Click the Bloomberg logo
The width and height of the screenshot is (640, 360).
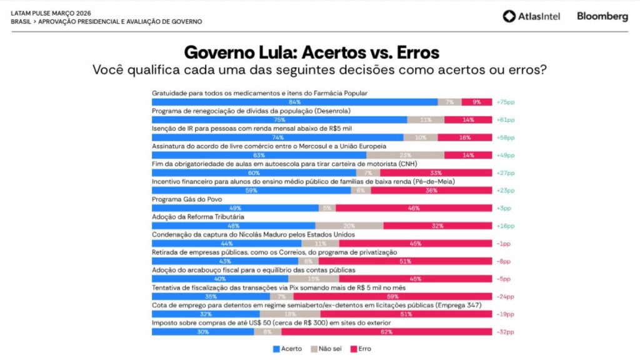(x=602, y=17)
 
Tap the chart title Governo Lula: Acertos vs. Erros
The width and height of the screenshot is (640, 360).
(x=311, y=51)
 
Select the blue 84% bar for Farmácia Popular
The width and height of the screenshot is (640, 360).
(x=294, y=102)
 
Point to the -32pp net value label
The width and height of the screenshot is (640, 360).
(x=505, y=332)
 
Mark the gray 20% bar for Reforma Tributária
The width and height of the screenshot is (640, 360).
(x=349, y=226)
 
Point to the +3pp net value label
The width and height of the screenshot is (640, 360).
(x=504, y=208)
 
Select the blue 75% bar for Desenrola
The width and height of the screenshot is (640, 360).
(x=279, y=119)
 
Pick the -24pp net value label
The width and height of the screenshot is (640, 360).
(x=505, y=296)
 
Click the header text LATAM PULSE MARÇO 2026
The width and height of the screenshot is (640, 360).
(x=50, y=12)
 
